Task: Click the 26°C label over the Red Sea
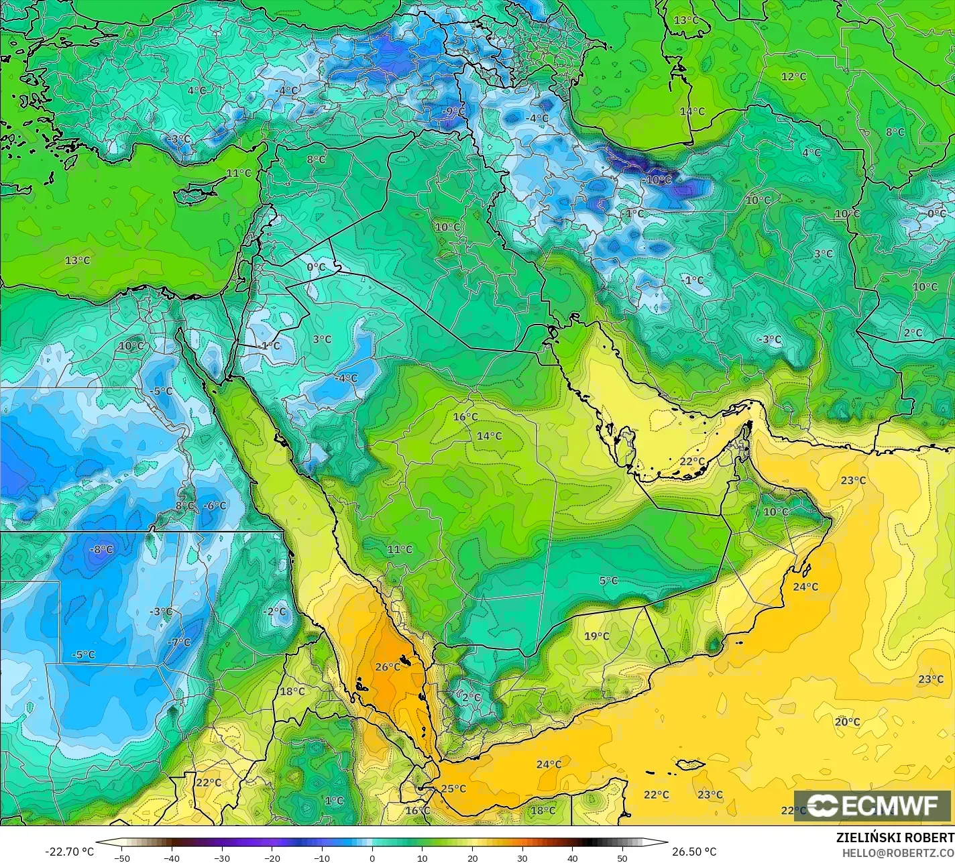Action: pyautogui.click(x=388, y=667)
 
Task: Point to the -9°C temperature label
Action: pyautogui.click(x=453, y=111)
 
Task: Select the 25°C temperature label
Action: pyautogui.click(x=453, y=789)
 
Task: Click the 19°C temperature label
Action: pyautogui.click(x=596, y=636)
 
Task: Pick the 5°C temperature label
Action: pyautogui.click(x=608, y=581)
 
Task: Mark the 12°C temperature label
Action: pyautogui.click(x=793, y=77)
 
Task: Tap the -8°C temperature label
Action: pyautogui.click(x=101, y=550)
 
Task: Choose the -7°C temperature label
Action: pyautogui.click(x=178, y=642)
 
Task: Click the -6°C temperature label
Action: pyautogui.click(x=215, y=506)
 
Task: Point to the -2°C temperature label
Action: pyautogui.click(x=274, y=612)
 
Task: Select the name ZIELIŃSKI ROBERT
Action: pyautogui.click(x=895, y=838)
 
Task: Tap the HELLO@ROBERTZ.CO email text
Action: pyautogui.click(x=899, y=852)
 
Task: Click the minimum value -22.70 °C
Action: pyautogui.click(x=70, y=852)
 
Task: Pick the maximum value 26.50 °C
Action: pyautogui.click(x=694, y=852)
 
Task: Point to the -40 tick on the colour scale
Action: pyautogui.click(x=172, y=858)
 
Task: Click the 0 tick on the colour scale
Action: pyautogui.click(x=372, y=858)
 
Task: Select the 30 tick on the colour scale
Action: pyautogui.click(x=522, y=858)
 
